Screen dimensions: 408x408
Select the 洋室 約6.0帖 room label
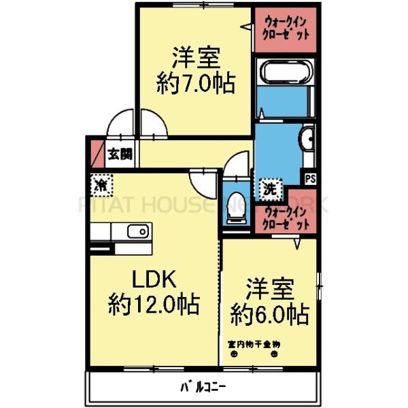[269, 301]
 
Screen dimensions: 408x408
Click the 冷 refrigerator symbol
[101, 184]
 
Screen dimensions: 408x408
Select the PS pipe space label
[310, 179]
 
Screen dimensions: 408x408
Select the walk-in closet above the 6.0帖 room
[285, 216]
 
